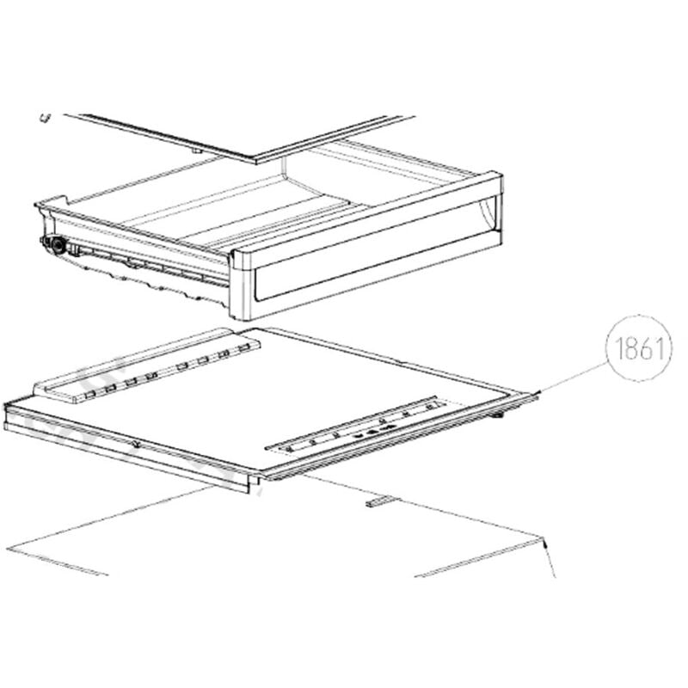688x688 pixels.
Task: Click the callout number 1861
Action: click(639, 349)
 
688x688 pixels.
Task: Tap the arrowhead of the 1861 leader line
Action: click(538, 392)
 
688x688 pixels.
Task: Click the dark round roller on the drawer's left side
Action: click(57, 245)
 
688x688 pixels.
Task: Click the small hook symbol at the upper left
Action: click(46, 118)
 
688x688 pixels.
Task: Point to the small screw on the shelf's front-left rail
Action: click(137, 445)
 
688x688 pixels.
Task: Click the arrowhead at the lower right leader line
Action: click(544, 544)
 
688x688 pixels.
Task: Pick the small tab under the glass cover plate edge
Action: click(197, 151)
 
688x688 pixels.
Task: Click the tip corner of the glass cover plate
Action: click(256, 163)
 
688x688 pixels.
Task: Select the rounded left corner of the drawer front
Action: click(235, 255)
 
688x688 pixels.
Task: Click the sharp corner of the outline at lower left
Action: click(8, 549)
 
